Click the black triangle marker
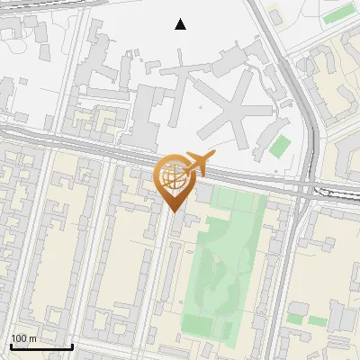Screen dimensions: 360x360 click(x=181, y=24)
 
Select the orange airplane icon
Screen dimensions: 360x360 click(x=198, y=165)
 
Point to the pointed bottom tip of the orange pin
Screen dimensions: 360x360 click(x=173, y=212)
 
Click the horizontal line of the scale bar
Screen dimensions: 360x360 click(x=40, y=346)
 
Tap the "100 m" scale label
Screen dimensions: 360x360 click(x=23, y=338)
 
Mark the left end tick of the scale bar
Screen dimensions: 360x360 click(x=10, y=345)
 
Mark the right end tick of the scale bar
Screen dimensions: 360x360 click(x=72, y=345)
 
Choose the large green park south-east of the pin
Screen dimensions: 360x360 click(x=220, y=270)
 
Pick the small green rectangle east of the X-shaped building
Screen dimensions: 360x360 click(x=280, y=146)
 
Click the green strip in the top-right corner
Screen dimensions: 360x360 click(x=338, y=13)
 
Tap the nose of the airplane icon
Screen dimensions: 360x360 click(x=213, y=156)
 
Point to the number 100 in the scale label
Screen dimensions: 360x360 click(x=18, y=338)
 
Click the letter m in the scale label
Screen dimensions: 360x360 click(x=32, y=338)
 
